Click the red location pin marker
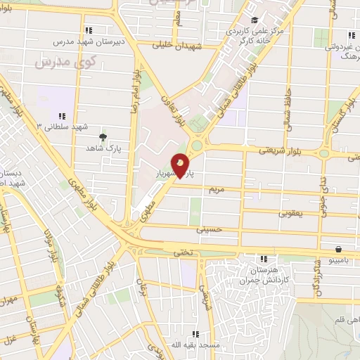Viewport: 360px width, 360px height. (181, 165)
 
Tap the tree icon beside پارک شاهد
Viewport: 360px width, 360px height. (104, 137)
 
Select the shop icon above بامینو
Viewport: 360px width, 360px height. (339, 249)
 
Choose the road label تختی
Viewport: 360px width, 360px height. (184, 251)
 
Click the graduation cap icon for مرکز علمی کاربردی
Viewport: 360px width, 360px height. (254, 20)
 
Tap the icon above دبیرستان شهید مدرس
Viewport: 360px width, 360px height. (88, 30)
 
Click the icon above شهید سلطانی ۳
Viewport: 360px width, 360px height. (62, 116)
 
